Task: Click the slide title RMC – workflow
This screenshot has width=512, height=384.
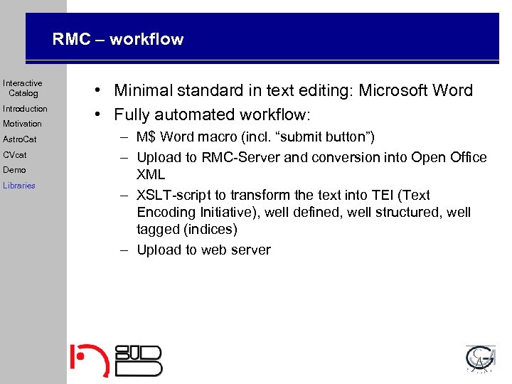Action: pos(117,40)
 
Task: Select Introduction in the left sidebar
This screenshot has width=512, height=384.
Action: pos(25,109)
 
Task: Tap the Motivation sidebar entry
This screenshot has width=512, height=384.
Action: pos(22,124)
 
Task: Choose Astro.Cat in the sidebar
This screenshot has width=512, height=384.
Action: pos(19,139)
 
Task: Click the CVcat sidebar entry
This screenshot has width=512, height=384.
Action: pos(15,154)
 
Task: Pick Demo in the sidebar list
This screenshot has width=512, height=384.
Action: pos(14,170)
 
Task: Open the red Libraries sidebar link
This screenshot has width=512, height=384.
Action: pos(18,186)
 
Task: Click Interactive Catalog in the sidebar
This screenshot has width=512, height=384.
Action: pos(23,88)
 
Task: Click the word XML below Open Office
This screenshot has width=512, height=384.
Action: pos(151,174)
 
